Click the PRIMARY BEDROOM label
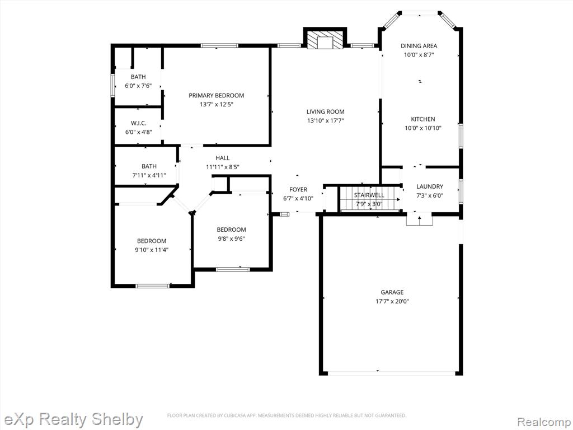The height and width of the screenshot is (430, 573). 217,95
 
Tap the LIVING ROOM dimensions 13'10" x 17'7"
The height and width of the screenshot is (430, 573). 325,120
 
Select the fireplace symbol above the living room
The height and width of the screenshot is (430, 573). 325,40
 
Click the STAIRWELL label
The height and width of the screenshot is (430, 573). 369,195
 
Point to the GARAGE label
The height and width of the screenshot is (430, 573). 392,292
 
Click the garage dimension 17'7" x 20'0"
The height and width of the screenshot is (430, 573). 392,301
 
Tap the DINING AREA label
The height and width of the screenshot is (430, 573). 419,46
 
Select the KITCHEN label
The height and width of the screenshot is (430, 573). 423,119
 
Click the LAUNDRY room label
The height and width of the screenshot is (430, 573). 430,186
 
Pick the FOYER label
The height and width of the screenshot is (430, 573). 298,189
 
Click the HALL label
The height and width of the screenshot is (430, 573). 223,158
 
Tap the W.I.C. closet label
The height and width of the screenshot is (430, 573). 139,123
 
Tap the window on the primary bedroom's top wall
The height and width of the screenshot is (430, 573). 219,46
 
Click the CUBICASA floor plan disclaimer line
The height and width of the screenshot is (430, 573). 287,415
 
